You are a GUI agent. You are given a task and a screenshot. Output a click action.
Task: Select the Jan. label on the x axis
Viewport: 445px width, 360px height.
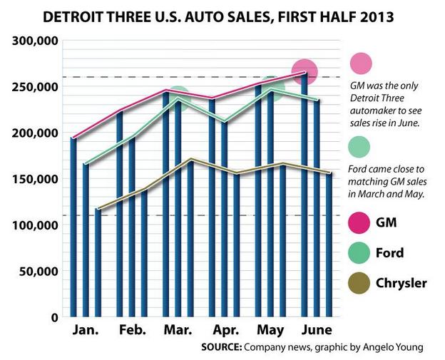[x=86, y=330]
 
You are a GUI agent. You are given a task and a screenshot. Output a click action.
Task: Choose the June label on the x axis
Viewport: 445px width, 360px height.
[x=316, y=330]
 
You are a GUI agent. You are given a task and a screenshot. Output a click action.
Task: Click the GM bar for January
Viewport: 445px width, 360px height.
[x=73, y=228]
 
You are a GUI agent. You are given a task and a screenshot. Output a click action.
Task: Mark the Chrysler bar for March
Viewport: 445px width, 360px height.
[x=190, y=239]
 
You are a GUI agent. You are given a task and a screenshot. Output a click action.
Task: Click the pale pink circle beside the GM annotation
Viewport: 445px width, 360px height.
[x=362, y=63]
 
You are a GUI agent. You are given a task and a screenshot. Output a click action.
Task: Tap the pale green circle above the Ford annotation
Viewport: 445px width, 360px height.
[x=362, y=148]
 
